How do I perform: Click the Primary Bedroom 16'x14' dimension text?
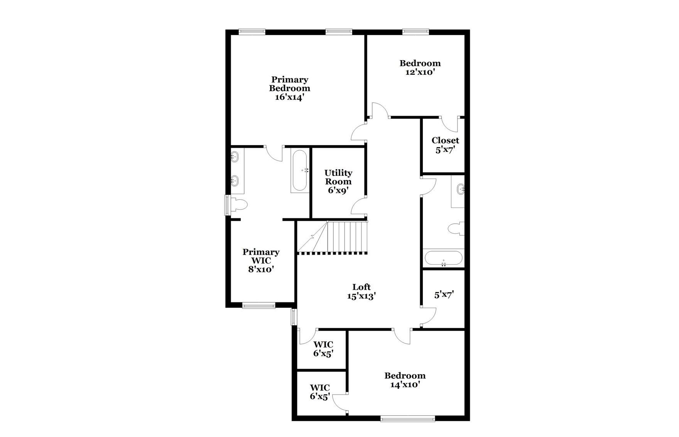pos(289,97)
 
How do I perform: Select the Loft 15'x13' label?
pos(361,292)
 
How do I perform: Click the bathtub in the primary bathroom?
pos(300,170)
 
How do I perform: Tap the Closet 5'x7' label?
pos(445,145)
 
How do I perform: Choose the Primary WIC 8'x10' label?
pos(261,260)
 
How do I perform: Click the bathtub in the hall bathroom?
pos(443,258)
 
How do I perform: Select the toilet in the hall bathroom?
pos(456,229)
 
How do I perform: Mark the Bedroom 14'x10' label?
pos(405,380)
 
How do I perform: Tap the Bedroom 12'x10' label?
pos(420,67)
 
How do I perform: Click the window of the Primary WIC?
pos(258,306)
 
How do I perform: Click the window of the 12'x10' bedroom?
pos(416,31)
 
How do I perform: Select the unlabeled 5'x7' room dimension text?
pos(444,295)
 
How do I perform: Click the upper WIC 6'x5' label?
pos(323,349)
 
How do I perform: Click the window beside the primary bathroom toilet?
pos(228,205)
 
